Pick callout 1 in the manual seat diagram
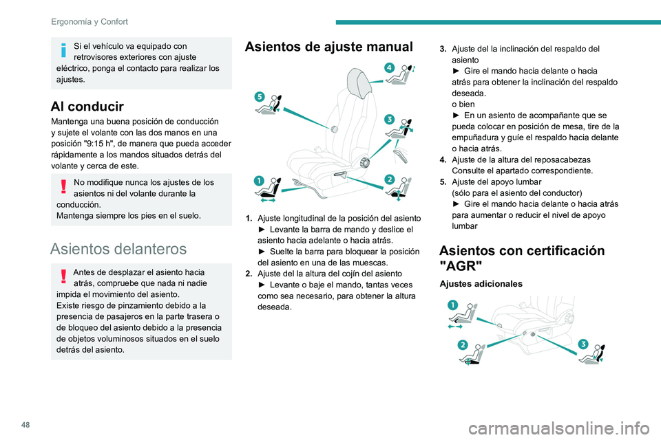tap(258, 181)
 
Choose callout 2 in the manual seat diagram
tap(389, 179)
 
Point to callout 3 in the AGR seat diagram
tap(583, 344)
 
